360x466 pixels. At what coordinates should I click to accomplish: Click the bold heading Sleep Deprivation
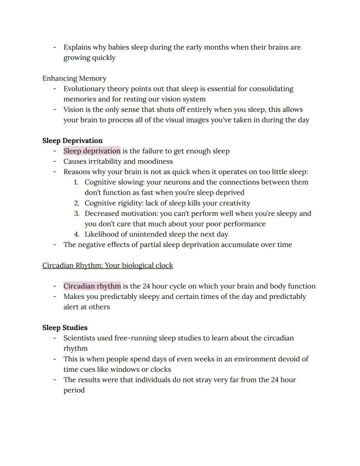(72, 141)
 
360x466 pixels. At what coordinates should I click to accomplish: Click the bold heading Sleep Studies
(65, 328)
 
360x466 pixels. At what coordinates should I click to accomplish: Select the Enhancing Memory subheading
(74, 78)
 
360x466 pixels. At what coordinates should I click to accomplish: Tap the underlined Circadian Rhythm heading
(107, 265)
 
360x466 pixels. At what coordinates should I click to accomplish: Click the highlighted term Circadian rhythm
(92, 286)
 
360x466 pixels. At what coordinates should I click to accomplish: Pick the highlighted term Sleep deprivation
(92, 151)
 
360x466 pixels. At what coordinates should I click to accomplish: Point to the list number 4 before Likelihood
(77, 234)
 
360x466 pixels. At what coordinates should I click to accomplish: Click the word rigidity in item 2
(130, 203)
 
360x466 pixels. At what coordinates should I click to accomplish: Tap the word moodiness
(155, 161)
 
